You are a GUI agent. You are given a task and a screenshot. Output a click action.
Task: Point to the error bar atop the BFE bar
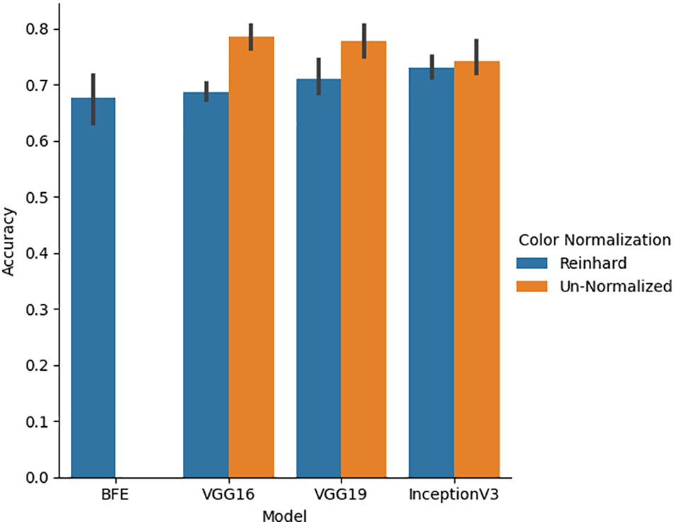point(93,99)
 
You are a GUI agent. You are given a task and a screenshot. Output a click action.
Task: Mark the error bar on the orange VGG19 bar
point(364,41)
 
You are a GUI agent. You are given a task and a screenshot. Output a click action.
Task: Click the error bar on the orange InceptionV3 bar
point(477,57)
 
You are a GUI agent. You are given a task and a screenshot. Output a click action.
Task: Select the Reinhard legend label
point(592,263)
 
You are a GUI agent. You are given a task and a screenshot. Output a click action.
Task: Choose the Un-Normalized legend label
point(614,286)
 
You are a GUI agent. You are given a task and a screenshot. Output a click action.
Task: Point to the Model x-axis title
point(283,515)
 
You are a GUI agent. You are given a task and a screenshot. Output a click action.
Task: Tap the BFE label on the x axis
point(116,494)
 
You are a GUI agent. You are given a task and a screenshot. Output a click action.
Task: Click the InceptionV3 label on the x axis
point(454,494)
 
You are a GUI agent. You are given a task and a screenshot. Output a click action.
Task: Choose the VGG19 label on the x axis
point(342,494)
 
